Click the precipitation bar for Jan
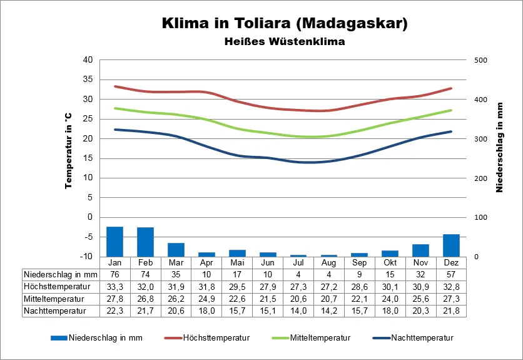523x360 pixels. pyautogui.click(x=114, y=241)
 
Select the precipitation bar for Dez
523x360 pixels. pyautogui.click(x=451, y=245)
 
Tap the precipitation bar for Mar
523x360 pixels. pyautogui.click(x=176, y=249)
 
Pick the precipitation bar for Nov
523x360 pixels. pyautogui.click(x=420, y=250)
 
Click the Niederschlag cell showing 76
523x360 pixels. pyautogui.click(x=114, y=274)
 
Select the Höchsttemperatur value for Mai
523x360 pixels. pyautogui.click(x=237, y=286)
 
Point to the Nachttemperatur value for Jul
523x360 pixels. pyautogui.click(x=298, y=310)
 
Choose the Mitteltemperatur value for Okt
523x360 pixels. pyautogui.click(x=390, y=298)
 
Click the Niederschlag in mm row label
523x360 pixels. pyautogui.click(x=61, y=274)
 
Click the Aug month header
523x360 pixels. pyautogui.click(x=329, y=262)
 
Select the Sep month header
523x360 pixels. pyautogui.click(x=359, y=262)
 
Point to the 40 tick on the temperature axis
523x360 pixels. pyautogui.click(x=87, y=60)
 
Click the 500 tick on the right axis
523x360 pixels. pyautogui.click(x=479, y=60)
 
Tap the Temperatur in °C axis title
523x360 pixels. pyautogui.click(x=69, y=152)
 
